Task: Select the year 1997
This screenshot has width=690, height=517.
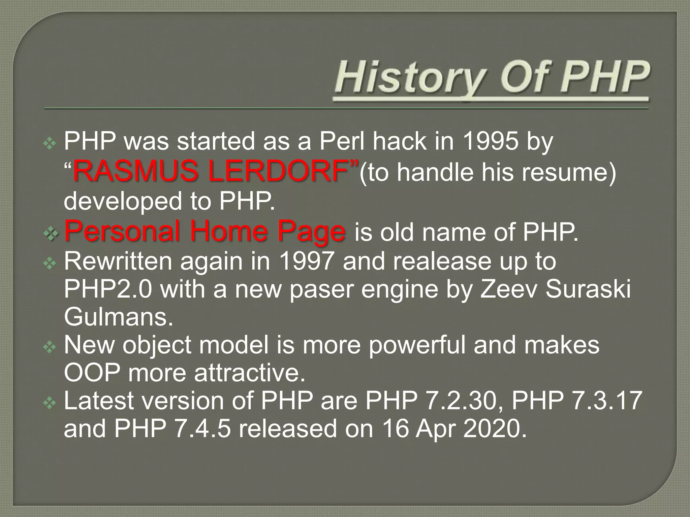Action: click(x=307, y=262)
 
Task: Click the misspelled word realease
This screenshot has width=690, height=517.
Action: click(x=442, y=262)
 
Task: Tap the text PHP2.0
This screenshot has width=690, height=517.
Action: click(x=108, y=289)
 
